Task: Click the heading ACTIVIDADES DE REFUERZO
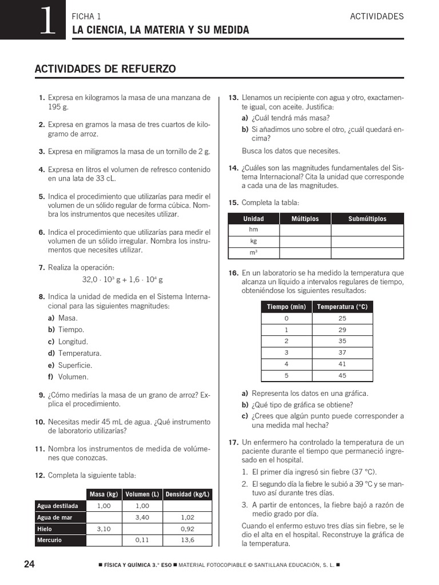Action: point(105,69)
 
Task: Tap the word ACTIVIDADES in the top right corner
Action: point(377,16)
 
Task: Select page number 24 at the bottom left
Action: point(29,564)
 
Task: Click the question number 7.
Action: point(41,267)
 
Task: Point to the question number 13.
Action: point(233,98)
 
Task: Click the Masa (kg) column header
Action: point(103,494)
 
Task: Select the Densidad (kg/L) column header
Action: point(187,494)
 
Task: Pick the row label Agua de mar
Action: point(54,517)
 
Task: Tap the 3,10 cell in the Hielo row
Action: point(103,528)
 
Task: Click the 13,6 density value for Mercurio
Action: point(187,540)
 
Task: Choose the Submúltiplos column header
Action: point(367,219)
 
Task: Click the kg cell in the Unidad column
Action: point(254,241)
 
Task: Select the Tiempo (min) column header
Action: point(286,307)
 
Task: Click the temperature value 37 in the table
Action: point(342,352)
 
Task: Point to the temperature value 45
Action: point(342,375)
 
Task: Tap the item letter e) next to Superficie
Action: point(51,365)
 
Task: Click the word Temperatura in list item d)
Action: point(79,353)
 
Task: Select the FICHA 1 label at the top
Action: point(86,17)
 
